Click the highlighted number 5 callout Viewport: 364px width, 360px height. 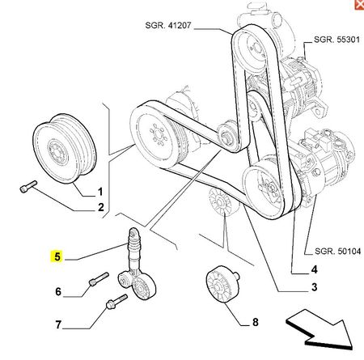[x=57, y=256]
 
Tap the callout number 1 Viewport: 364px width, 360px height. [x=100, y=192]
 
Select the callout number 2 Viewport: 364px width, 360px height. [x=100, y=207]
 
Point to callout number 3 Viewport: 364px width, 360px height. [x=314, y=287]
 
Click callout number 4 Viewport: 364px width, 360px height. [x=314, y=269]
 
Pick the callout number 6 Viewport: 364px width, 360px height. [x=58, y=291]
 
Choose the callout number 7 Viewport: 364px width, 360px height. [x=58, y=324]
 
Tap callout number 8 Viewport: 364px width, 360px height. [x=255, y=322]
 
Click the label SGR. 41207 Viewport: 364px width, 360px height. [x=168, y=25]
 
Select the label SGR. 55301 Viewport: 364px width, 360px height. [x=336, y=40]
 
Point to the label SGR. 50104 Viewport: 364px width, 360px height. [x=337, y=252]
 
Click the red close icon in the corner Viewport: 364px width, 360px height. [x=359, y=5]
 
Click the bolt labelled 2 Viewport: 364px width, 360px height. [x=28, y=186]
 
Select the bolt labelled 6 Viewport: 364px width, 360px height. [x=99, y=279]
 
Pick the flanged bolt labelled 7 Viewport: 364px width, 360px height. [x=116, y=302]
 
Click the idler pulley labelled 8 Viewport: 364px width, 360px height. [x=222, y=285]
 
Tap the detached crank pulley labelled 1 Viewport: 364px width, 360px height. [x=65, y=148]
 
